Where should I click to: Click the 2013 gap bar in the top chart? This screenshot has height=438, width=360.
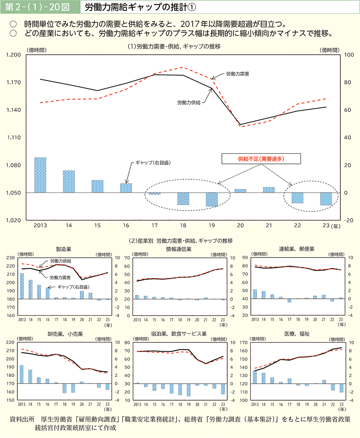click(x=40, y=175)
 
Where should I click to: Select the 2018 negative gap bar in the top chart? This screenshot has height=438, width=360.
click(x=183, y=199)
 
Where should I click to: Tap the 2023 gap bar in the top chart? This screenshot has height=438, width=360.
click(x=326, y=199)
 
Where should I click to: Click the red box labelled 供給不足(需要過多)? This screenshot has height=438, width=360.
click(x=260, y=158)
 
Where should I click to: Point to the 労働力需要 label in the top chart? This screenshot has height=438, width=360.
click(x=237, y=73)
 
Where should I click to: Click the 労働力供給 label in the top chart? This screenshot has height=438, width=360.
click(x=189, y=103)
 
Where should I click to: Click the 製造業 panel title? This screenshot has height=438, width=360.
click(x=63, y=249)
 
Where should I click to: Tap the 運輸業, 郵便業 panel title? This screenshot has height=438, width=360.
click(x=296, y=249)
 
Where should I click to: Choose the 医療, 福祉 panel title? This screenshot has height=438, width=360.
click(x=296, y=334)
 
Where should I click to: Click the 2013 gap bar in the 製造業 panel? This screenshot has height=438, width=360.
click(x=22, y=286)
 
